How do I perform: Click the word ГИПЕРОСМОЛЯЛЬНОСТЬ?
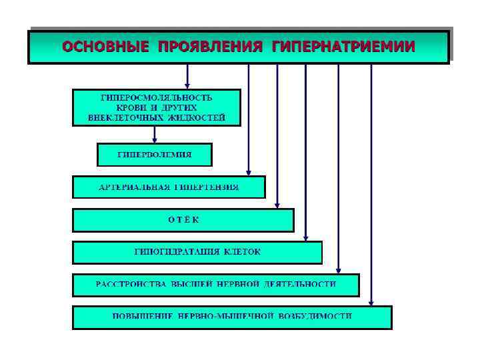[156, 97]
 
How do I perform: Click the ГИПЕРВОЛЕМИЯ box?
[155, 154]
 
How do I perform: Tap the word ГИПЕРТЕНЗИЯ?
[206, 187]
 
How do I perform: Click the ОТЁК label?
[183, 220]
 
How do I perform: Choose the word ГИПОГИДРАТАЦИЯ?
[175, 252]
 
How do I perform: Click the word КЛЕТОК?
[243, 252]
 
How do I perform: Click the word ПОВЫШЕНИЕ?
[141, 316]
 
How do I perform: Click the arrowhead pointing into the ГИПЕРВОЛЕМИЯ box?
[155, 140]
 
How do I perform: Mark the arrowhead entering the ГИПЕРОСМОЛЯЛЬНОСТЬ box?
[188, 86]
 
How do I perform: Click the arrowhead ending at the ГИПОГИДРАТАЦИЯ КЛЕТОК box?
[306, 237]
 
